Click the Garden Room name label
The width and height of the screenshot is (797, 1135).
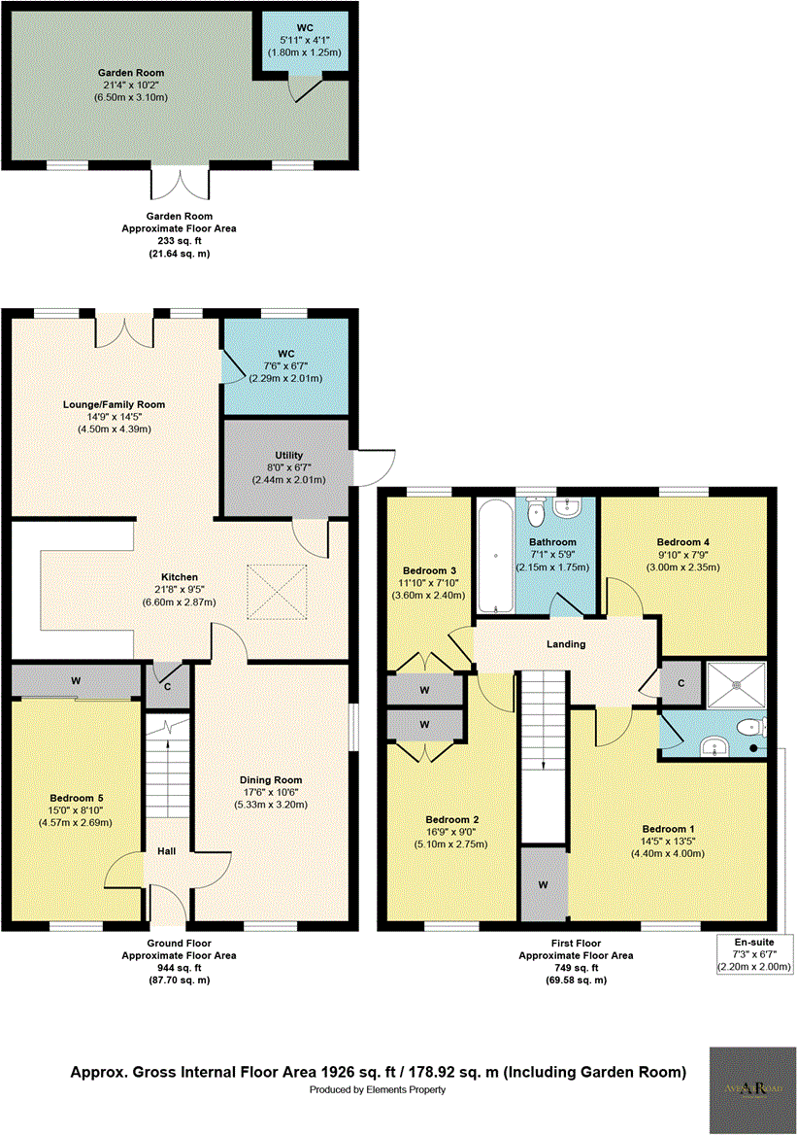130,73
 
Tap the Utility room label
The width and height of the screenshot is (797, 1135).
288,455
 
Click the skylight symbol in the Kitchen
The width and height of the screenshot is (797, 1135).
276,591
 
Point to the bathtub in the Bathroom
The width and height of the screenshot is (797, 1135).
496,557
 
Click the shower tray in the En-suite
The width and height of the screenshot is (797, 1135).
736,685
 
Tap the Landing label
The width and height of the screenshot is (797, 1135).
566,644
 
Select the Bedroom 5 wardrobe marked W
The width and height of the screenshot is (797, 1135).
75,681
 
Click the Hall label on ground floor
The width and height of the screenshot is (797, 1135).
166,852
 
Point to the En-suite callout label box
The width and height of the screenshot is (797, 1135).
755,954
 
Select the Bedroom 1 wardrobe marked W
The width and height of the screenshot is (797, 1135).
543,884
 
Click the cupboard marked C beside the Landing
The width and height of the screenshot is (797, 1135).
681,683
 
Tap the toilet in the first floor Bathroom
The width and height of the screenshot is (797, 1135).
535,511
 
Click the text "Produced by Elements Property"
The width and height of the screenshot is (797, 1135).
378,1090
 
